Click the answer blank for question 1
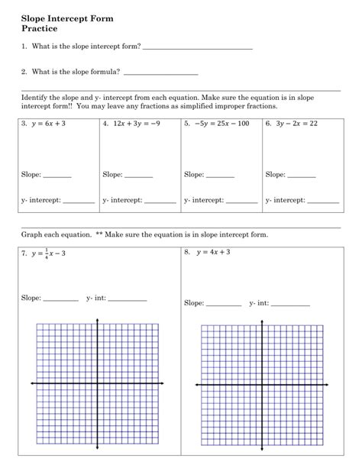197,48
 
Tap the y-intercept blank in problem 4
160,202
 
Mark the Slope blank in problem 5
221,176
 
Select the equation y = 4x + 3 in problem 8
213,252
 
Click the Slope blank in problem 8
224,305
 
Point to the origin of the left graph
98,383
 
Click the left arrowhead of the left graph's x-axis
32,383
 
